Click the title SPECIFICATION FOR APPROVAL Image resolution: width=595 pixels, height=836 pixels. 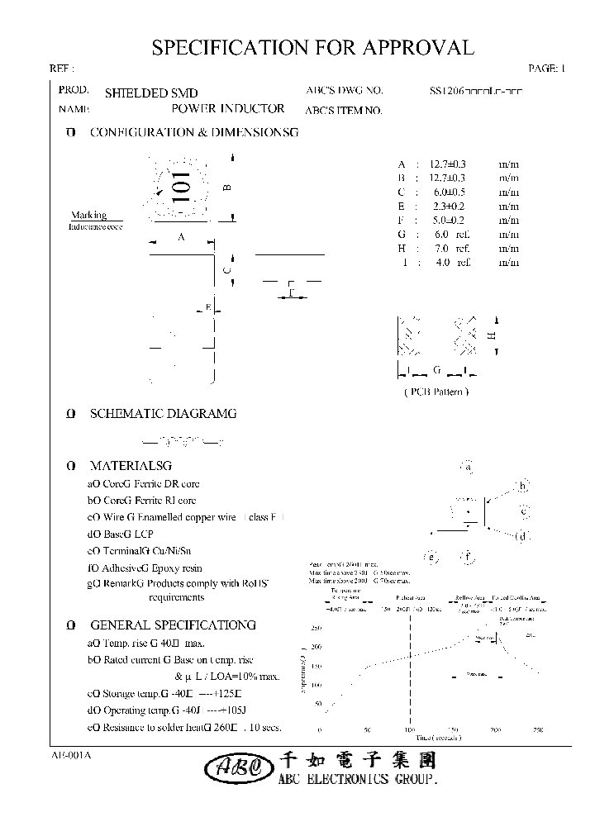click(x=312, y=48)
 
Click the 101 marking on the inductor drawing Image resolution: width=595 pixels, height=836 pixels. click(x=181, y=188)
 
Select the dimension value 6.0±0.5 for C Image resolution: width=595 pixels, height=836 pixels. click(x=446, y=192)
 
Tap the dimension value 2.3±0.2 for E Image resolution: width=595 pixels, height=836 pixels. click(x=446, y=206)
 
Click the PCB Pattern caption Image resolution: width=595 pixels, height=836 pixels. click(x=436, y=392)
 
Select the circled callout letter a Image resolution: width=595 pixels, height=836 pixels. click(x=468, y=467)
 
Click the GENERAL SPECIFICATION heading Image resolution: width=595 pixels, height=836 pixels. click(x=172, y=625)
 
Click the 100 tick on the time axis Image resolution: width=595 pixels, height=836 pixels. click(x=408, y=730)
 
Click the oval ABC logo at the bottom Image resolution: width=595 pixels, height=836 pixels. click(x=233, y=768)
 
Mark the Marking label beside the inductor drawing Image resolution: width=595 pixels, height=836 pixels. click(x=88, y=215)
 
